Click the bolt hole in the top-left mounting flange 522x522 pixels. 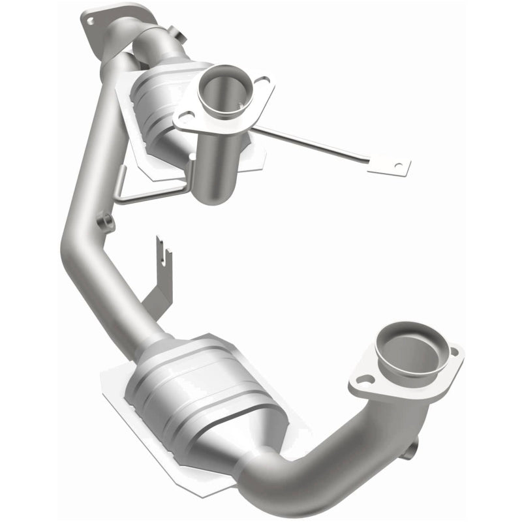pos(90,21)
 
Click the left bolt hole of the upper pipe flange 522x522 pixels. pos(185,117)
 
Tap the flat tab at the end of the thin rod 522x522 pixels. pos(390,165)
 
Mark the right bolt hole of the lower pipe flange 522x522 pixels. pos(453,352)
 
